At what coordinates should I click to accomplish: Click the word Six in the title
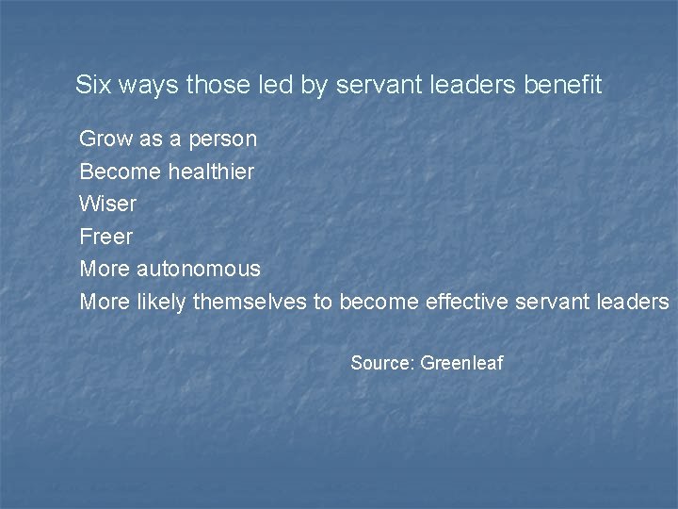pyautogui.click(x=92, y=85)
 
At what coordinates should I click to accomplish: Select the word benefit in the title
pyautogui.click(x=562, y=85)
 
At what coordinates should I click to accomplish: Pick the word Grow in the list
pyautogui.click(x=106, y=139)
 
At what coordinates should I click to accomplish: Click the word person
pyautogui.click(x=223, y=140)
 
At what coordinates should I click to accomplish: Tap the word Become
pyautogui.click(x=121, y=172)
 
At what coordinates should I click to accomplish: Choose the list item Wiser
pyautogui.click(x=108, y=204)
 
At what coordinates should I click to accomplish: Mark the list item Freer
pyautogui.click(x=106, y=236)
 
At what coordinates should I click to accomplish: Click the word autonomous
pyautogui.click(x=199, y=269)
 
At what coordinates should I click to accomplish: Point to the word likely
pyautogui.click(x=162, y=302)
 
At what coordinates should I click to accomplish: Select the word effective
pyautogui.click(x=471, y=302)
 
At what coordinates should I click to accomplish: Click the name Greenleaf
pyautogui.click(x=462, y=362)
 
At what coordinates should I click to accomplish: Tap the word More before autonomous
pyautogui.click(x=105, y=269)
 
